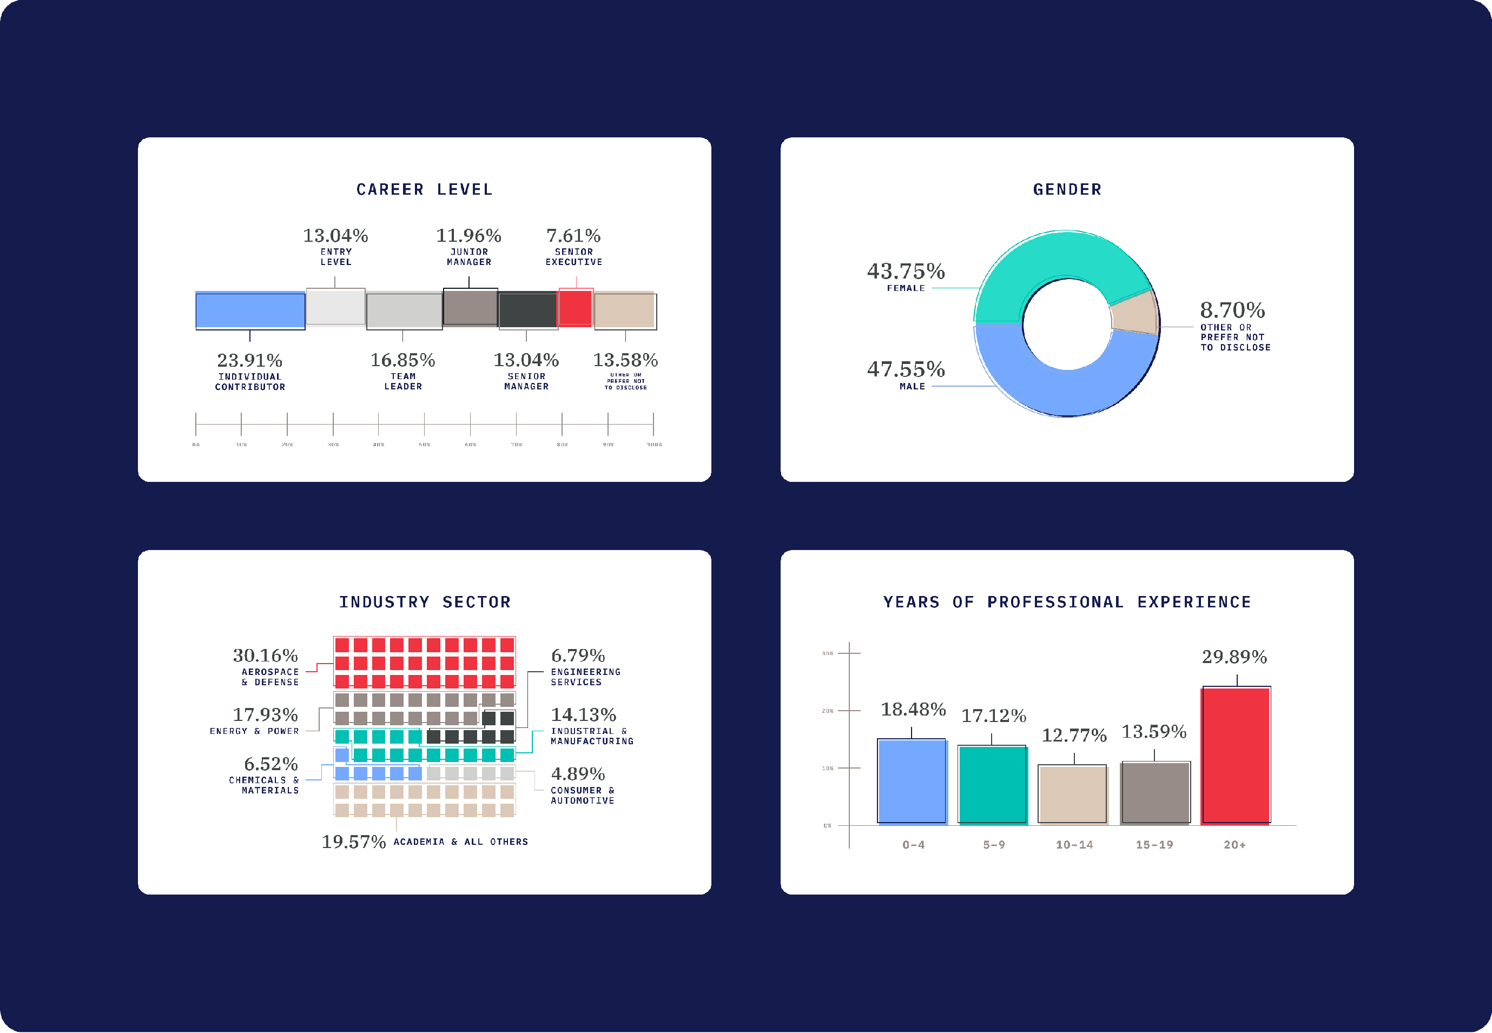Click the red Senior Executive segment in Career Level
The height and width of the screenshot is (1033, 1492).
(x=575, y=308)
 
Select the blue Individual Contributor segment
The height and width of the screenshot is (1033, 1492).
(x=250, y=310)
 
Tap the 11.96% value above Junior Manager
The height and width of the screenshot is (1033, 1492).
(x=468, y=236)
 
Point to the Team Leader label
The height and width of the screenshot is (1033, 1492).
(x=402, y=381)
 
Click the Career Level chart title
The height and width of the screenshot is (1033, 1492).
(x=425, y=190)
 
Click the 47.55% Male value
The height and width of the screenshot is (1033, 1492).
(x=906, y=369)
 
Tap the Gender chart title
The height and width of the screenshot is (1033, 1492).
(x=1067, y=190)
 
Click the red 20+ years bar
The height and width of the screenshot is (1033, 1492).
(x=1235, y=756)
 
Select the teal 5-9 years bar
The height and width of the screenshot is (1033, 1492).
(x=992, y=784)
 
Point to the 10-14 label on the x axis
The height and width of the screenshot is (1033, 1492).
(x=1074, y=845)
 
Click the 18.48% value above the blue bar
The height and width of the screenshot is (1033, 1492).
(x=913, y=710)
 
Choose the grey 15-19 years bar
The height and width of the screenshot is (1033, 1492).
(x=1155, y=793)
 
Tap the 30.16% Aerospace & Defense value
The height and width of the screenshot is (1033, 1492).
(x=266, y=655)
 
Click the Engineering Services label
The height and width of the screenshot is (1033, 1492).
(x=585, y=677)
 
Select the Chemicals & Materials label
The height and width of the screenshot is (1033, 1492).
(x=263, y=785)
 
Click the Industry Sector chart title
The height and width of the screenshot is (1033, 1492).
(x=425, y=602)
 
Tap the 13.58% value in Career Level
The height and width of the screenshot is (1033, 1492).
(x=625, y=360)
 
